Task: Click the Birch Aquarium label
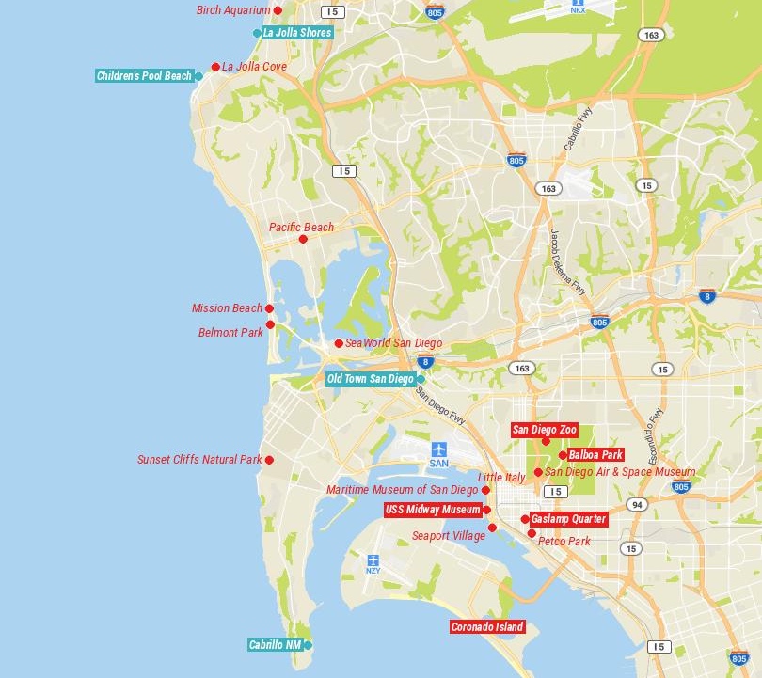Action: point(233,10)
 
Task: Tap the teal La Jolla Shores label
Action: point(296,33)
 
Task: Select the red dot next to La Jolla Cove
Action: point(215,67)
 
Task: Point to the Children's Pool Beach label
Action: point(144,76)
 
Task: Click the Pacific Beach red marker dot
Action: point(303,239)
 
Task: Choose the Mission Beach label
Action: point(227,308)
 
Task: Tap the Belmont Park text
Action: point(230,333)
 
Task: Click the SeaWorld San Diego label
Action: point(393,343)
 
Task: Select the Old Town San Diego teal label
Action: point(370,379)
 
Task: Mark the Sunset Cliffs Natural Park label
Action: point(199,460)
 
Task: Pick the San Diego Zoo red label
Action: point(544,430)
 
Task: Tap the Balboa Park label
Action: point(595,455)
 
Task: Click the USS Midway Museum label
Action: point(433,510)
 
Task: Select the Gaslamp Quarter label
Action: point(568,519)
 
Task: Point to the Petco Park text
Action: point(564,542)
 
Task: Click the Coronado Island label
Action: point(487,627)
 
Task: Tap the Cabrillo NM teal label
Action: point(275,645)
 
